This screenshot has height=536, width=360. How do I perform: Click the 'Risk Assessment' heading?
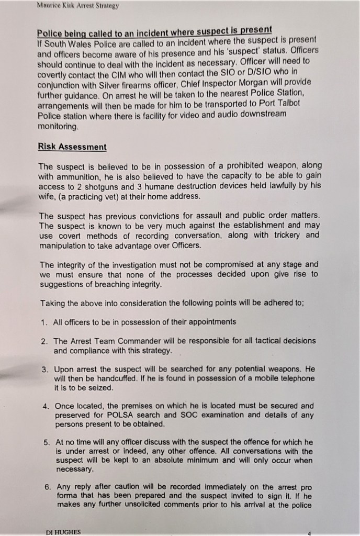coord(72,147)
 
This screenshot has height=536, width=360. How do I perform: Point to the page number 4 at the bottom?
coord(309,532)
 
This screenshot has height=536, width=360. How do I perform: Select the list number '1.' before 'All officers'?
coord(44,322)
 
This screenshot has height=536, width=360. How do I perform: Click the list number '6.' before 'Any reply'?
coord(48,486)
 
